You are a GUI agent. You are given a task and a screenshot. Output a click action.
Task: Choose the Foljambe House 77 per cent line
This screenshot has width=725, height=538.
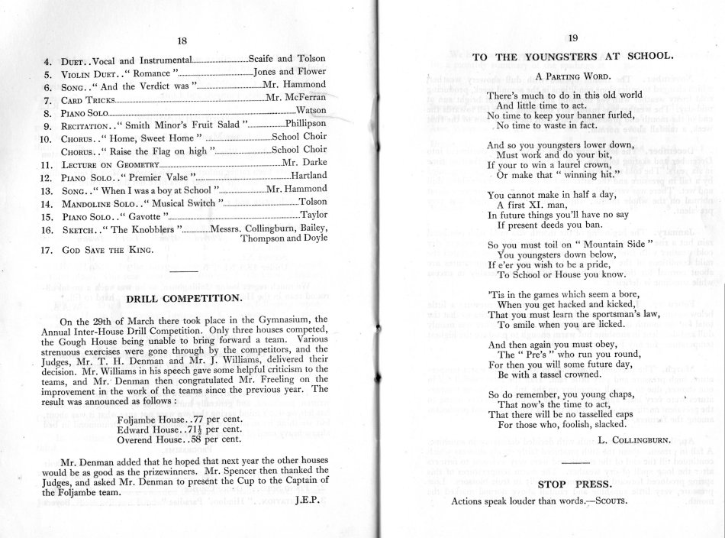pyautogui.click(x=180, y=420)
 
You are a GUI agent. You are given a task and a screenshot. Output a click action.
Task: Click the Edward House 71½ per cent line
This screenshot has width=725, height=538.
pyautogui.click(x=181, y=430)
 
